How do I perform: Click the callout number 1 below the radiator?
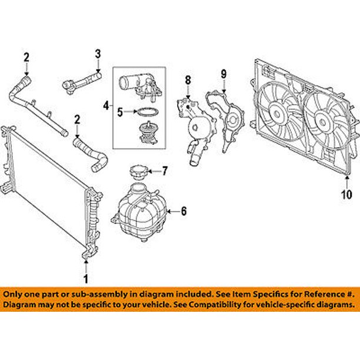[86, 278]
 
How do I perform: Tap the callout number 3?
[98, 55]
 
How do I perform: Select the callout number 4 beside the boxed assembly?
[106, 106]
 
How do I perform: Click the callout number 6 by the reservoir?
[183, 211]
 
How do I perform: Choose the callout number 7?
[165, 171]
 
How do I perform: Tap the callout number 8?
[188, 79]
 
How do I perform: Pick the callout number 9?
[224, 74]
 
